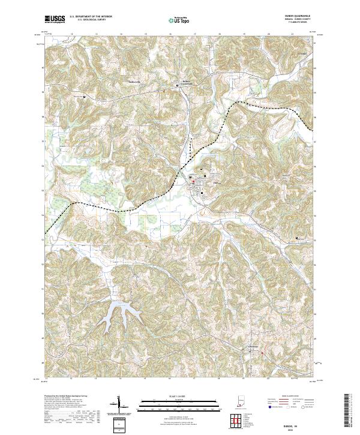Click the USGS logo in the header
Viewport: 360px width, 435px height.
click(x=54, y=20)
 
